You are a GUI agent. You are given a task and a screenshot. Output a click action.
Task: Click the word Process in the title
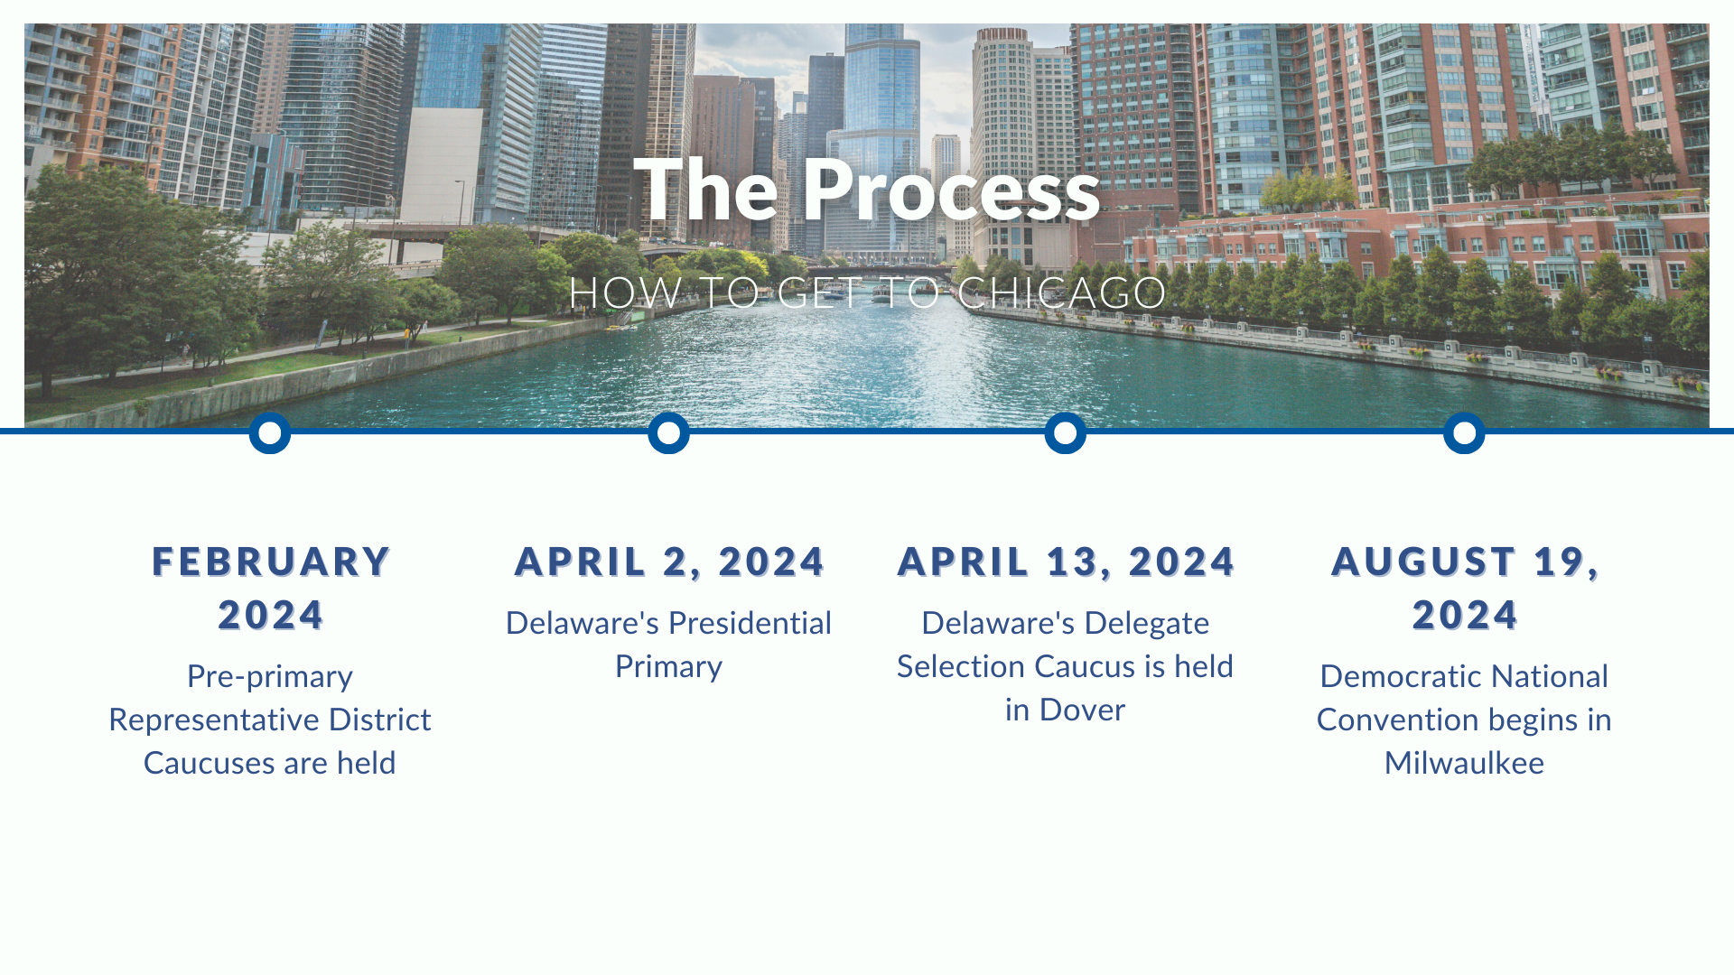tap(952, 190)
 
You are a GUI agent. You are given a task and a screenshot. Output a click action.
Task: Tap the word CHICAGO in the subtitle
tap(1062, 292)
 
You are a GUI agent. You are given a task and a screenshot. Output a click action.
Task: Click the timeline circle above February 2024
tap(270, 433)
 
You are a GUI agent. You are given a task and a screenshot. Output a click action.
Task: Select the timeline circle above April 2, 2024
tap(668, 433)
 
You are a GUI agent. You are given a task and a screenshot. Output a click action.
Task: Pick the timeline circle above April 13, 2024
tap(1066, 433)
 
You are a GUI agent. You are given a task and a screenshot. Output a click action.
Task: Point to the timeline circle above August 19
tap(1464, 433)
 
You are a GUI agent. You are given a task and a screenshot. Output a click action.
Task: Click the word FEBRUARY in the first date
tap(271, 562)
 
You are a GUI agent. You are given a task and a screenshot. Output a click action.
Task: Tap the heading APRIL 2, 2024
tap(669, 562)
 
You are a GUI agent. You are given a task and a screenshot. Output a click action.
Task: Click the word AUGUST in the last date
tap(1423, 562)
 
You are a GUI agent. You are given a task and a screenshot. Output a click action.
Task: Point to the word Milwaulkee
tap(1464, 763)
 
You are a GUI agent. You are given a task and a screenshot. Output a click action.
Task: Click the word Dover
tap(1082, 710)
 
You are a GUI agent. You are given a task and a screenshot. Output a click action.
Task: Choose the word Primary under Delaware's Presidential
tap(668, 667)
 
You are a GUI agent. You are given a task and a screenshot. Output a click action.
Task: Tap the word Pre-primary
tap(270, 677)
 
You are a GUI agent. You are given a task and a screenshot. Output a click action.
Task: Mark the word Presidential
tap(750, 623)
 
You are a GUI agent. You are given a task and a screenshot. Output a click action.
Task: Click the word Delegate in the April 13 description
tap(1146, 624)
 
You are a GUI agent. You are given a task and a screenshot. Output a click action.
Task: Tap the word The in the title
tap(705, 190)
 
